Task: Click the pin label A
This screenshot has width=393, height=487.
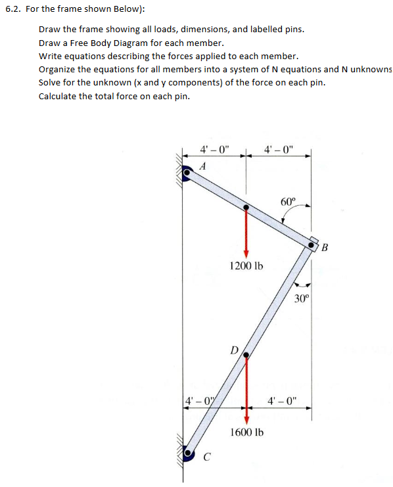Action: pos(202,167)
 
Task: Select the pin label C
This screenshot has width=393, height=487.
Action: pos(207,458)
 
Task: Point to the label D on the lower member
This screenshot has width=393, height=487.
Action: pos(234,349)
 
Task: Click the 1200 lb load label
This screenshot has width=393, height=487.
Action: pos(246,266)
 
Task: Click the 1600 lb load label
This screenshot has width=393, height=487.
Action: pos(246,432)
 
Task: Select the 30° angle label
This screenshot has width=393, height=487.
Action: pos(301,298)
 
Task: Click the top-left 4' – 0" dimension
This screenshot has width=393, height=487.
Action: pos(214,149)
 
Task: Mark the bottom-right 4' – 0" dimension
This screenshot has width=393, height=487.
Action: pos(283,399)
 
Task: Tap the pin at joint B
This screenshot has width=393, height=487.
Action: pos(312,244)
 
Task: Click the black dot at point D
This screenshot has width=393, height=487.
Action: pos(246,356)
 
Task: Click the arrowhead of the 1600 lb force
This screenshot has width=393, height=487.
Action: pos(246,419)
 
